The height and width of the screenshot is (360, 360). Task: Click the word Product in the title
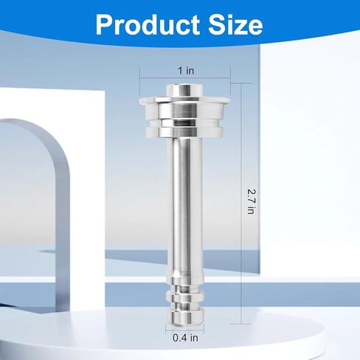[x=148, y=25]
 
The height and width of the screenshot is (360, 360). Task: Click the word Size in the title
[x=235, y=24]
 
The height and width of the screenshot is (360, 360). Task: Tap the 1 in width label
[x=186, y=71]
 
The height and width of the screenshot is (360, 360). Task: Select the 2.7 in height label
[x=251, y=201]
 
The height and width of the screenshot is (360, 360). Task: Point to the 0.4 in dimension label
[x=185, y=338]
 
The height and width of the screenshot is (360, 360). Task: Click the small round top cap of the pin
[x=184, y=91]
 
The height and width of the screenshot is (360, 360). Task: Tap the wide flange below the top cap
[x=184, y=100]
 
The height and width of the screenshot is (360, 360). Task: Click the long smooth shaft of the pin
[x=184, y=207]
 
